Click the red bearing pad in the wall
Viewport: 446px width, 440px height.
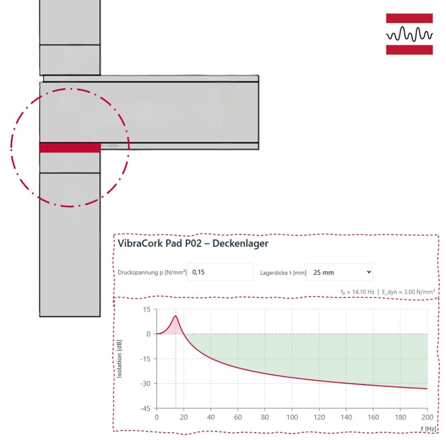click(x=70, y=148)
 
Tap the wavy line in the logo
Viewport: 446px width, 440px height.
click(x=409, y=34)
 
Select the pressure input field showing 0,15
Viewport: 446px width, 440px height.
click(x=220, y=272)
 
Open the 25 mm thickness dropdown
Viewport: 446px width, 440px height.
click(x=339, y=272)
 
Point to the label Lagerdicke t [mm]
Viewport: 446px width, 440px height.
click(x=283, y=272)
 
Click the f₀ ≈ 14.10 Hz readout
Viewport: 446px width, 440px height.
click(x=357, y=292)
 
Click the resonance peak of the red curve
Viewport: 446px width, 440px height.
click(x=176, y=316)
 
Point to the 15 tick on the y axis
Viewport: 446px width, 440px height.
click(x=147, y=309)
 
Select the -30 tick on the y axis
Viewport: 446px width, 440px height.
click(x=145, y=384)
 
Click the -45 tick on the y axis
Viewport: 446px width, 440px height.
click(x=145, y=408)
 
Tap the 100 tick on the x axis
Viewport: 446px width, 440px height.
click(x=292, y=417)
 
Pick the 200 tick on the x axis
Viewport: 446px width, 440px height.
click(x=427, y=417)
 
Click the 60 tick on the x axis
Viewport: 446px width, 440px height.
click(x=238, y=417)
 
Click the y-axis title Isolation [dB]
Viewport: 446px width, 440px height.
click(x=120, y=359)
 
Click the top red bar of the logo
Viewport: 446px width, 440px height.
click(x=409, y=18)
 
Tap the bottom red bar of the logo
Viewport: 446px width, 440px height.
click(x=409, y=50)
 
